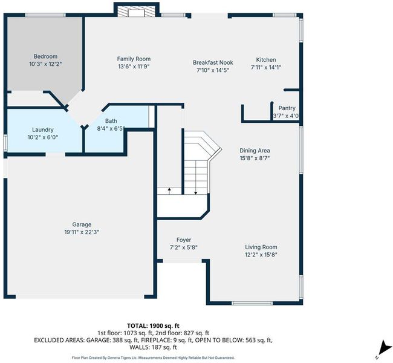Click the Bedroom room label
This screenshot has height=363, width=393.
click(45, 56)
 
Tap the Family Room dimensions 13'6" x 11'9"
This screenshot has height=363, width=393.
click(134, 67)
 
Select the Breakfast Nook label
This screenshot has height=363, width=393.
click(213, 62)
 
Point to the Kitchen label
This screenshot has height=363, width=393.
click(266, 60)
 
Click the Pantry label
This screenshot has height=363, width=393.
click(287, 108)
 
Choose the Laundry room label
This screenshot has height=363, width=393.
click(42, 129)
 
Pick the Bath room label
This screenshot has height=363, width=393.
click(111, 121)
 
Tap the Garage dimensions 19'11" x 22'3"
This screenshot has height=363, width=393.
click(82, 232)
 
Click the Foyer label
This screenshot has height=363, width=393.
click(184, 240)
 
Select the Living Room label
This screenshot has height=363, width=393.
click(261, 247)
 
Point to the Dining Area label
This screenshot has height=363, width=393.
click(255, 151)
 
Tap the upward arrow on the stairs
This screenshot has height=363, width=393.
click(169, 191)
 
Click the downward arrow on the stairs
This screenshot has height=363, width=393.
click(196, 191)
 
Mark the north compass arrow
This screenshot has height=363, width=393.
click(383, 348)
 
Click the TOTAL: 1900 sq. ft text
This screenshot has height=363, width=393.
click(153, 326)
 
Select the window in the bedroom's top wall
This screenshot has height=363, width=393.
click(45, 15)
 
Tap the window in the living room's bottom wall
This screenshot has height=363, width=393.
click(252, 303)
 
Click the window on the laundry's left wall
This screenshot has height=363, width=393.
click(5, 143)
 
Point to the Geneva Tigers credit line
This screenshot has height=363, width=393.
click(153, 358)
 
